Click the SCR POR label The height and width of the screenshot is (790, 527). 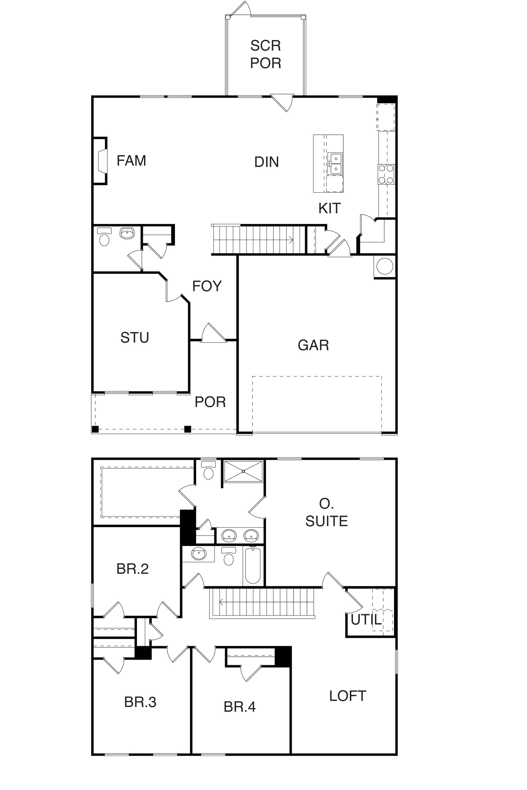coord(265,54)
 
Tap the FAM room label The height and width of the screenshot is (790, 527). coord(131,161)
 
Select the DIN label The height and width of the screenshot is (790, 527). coord(266,162)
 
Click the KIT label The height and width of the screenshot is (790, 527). coord(329,208)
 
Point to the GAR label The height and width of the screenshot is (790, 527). coord(313,345)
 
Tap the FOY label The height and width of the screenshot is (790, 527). coord(207,286)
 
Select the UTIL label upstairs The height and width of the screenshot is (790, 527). coord(366,619)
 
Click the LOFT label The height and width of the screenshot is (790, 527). coord(347,696)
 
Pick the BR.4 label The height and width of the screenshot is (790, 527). coord(240,707)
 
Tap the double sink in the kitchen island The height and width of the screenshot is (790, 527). coord(335,164)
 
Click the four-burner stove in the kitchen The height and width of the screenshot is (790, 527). coord(386,174)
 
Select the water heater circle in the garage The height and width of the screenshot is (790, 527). coord(385,267)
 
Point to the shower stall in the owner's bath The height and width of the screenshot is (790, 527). coord(243,472)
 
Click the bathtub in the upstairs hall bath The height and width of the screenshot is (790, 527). coord(253,566)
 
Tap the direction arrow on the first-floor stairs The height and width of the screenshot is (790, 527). coord(291,240)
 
